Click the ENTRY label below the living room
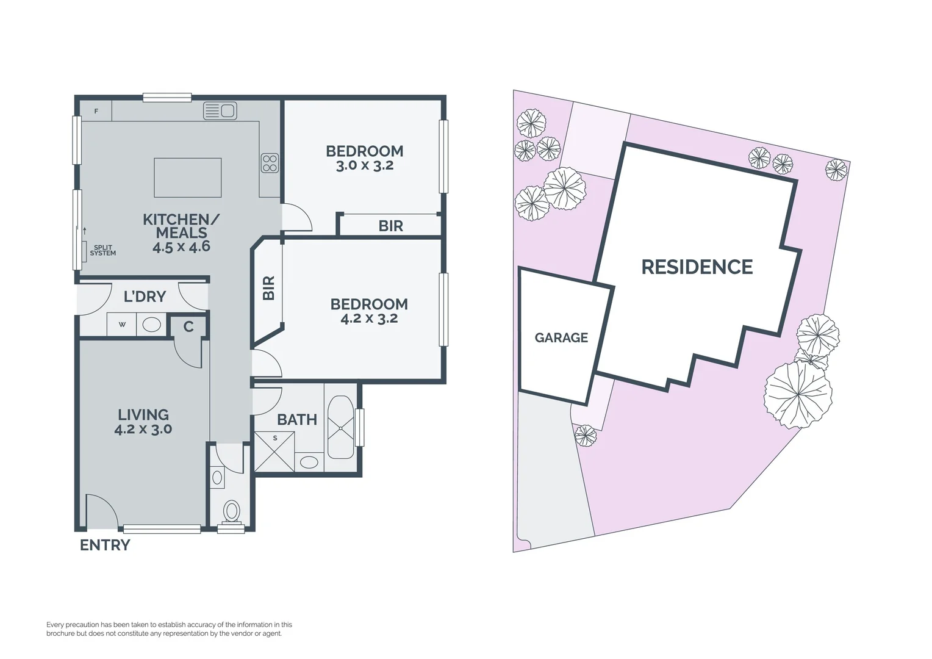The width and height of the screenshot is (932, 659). pos(105,545)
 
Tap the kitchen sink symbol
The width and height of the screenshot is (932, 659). pos(220,110)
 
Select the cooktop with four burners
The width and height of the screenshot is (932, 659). pos(270,162)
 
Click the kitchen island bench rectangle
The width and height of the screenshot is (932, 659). pos(187,177)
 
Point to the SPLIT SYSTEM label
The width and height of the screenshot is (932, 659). pos(102,250)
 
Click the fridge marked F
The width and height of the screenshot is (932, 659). pos(96,111)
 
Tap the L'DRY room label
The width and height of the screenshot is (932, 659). pos(145,297)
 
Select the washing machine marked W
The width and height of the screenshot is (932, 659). pos(122,324)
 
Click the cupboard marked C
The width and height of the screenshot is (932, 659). pos(188,326)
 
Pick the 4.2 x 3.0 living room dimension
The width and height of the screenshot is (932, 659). pos(143,429)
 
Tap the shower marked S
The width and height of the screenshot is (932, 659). pos(274,451)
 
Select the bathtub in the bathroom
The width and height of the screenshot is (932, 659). pos(340,427)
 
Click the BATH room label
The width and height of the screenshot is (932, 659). pos(297,420)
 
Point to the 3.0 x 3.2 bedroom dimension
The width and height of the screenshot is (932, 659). pos(365,165)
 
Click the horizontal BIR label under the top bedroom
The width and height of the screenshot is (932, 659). pos(390,226)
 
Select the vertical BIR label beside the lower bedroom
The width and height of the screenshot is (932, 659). pos(269,287)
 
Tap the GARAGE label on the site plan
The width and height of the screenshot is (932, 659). pos(561,337)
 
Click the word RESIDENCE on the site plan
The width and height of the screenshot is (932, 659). pos(697,267)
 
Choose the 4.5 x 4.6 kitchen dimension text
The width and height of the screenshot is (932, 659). pos(181,247)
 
